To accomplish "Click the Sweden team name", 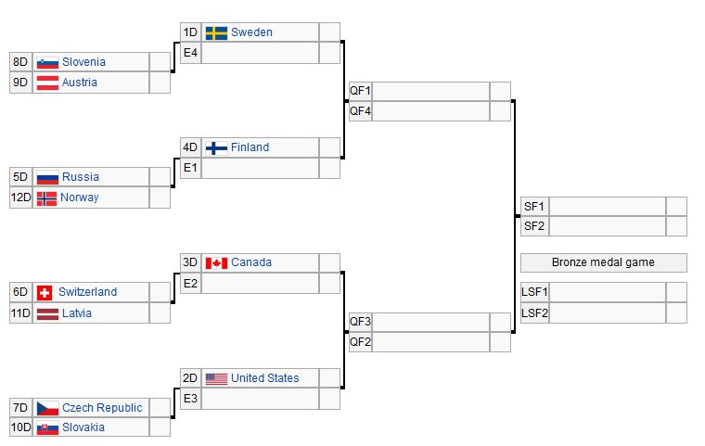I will pos(251,32).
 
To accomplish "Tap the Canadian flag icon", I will pos(216,263).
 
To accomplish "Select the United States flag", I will pos(216,378).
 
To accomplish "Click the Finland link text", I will pos(250,147).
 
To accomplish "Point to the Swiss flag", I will pos(45,292).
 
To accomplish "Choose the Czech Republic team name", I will pos(102,408).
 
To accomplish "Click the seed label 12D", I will pos(21,198).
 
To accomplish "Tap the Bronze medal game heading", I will pos(603,262).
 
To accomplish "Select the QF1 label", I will pos(360,91).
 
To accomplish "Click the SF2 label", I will pos(534,226).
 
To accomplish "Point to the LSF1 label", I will pos(535,292).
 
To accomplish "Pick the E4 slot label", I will pos(190,53).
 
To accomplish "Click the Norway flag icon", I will pos(46,198).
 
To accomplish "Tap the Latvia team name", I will pos(76,313).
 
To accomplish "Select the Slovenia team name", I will pos(83,62).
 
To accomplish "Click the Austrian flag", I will pos(46,83).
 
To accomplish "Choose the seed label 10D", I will pos(21,427).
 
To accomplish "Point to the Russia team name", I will pos(80,177).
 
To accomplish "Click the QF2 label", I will pos(360,342).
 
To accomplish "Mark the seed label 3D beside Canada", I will pos(190,262).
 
